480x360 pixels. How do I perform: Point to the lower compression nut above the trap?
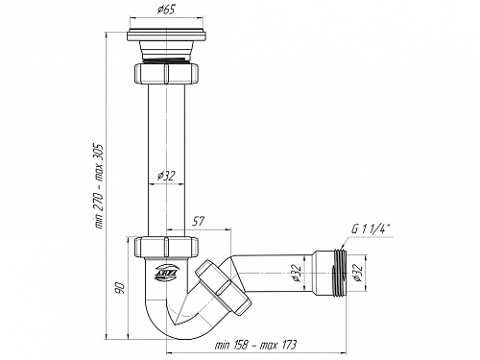(x=168, y=248)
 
